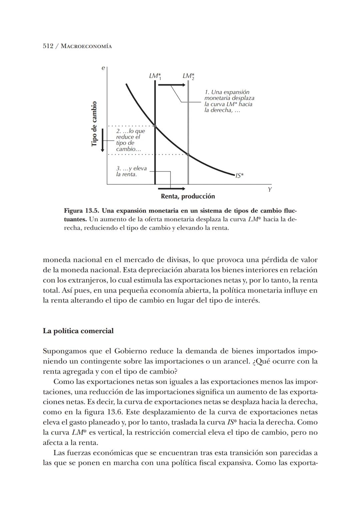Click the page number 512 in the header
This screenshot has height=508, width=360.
[48, 46]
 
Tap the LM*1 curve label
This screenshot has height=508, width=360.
[155, 76]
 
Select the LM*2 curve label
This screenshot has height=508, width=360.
[189, 76]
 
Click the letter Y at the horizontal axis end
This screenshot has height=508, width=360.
[270, 189]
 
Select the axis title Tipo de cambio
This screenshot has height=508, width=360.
[94, 124]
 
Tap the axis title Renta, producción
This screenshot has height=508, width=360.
[188, 196]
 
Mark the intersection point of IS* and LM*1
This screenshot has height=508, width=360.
[155, 126]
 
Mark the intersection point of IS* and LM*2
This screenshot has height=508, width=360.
[188, 154]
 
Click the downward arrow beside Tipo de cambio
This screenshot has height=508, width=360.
[103, 140]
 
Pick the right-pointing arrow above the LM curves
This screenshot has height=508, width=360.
[171, 85]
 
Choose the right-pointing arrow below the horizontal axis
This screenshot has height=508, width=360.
[171, 189]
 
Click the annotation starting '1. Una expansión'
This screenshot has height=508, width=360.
[229, 101]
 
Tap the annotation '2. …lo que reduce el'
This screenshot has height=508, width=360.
[130, 140]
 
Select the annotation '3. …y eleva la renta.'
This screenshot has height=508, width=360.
[131, 171]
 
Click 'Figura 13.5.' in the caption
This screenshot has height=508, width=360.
[81, 211]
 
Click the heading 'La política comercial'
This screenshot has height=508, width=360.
[78, 331]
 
